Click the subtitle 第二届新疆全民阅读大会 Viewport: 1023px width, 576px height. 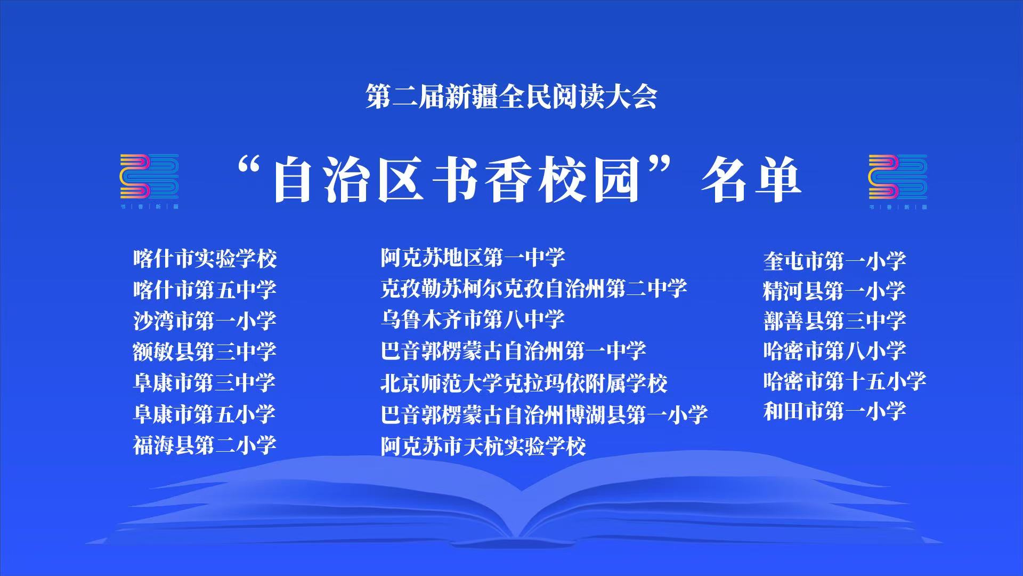[511, 97]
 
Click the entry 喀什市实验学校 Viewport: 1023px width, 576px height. [205, 259]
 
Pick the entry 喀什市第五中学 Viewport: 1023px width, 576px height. [205, 290]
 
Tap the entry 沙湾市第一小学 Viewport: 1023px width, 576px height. [205, 321]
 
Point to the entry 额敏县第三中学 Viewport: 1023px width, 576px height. [205, 351]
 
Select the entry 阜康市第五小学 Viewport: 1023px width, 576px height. [205, 413]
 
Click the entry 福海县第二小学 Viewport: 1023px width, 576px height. [205, 444]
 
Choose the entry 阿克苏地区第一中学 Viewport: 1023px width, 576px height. [473, 258]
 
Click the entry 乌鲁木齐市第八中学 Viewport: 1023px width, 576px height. [473, 319]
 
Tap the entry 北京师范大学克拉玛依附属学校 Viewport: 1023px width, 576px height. [524, 382]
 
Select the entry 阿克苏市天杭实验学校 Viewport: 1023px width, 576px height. [483, 445]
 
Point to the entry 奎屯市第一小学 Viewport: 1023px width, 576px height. [835, 261]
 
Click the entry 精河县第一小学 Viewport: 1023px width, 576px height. [835, 291]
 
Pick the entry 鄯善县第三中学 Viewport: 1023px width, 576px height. [835, 321]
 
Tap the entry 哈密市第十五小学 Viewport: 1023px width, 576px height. [845, 381]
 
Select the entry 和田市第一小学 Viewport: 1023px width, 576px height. [835, 411]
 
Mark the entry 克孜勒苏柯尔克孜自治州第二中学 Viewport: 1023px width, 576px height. [534, 289]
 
